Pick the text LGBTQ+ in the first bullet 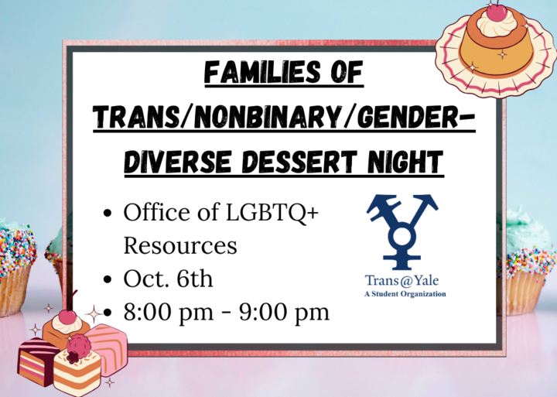272,213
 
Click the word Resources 180,245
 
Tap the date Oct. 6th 168,279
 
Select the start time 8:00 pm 169,313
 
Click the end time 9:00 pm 284,313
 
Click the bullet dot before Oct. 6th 108,279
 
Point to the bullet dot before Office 108,214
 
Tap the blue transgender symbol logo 402,231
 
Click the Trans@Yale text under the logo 402,280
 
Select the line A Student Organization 405,294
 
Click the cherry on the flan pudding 496,12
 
